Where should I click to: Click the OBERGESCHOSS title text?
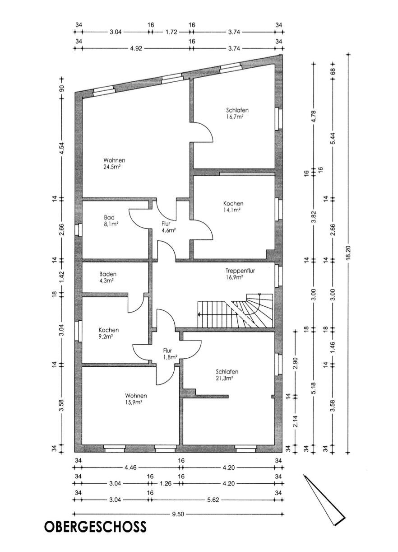pos(95,527)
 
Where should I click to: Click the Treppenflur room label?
pos(241,271)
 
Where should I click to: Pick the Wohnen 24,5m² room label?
pos(114,163)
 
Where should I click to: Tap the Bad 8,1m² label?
pos(110,220)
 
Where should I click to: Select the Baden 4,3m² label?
pos(108,277)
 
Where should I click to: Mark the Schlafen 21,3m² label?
pos(227,375)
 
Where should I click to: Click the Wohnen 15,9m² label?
pos(136,398)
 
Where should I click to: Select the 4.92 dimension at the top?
pos(136,49)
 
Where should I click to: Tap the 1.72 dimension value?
pos(171,32)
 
